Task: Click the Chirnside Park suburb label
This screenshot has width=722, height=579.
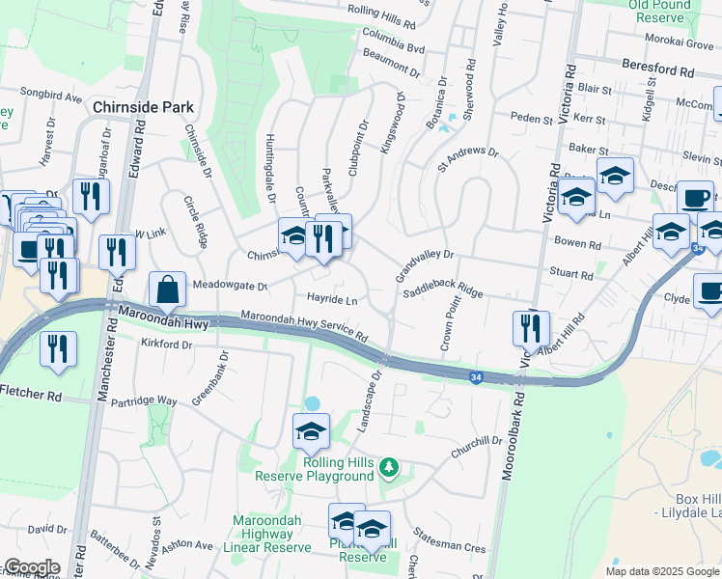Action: pos(144,107)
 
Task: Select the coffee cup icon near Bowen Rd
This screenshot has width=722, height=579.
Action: pos(695,198)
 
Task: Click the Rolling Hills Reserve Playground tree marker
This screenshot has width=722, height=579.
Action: pos(389,468)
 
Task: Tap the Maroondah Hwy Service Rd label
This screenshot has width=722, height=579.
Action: pos(304,326)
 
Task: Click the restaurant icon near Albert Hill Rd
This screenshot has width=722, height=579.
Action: pos(530,327)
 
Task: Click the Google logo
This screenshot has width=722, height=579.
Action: pos(31,567)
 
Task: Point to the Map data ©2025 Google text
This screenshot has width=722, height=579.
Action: pos(662,571)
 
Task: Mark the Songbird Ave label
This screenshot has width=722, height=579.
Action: pos(57,97)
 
